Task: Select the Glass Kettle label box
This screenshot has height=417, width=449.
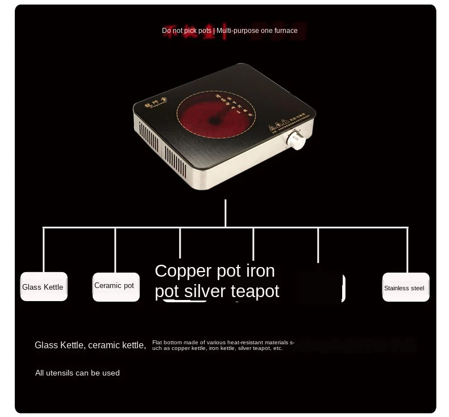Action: pos(44,287)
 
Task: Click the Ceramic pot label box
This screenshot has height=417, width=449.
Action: pos(115,286)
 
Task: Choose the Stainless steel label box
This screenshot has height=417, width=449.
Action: pos(405,287)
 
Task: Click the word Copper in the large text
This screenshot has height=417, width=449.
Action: pos(183,270)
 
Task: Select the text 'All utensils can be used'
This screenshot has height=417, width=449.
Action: pos(77,373)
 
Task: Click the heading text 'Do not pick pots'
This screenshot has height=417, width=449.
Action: pos(186,31)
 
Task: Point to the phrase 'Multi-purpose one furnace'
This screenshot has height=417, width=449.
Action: pos(257,31)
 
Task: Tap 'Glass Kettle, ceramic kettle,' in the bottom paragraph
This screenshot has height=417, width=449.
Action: pos(90,345)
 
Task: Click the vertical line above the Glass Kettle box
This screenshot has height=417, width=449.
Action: pos(44,250)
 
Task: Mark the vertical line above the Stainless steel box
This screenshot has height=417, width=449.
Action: pos(408,250)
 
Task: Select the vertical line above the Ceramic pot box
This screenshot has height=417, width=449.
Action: pos(115,250)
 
